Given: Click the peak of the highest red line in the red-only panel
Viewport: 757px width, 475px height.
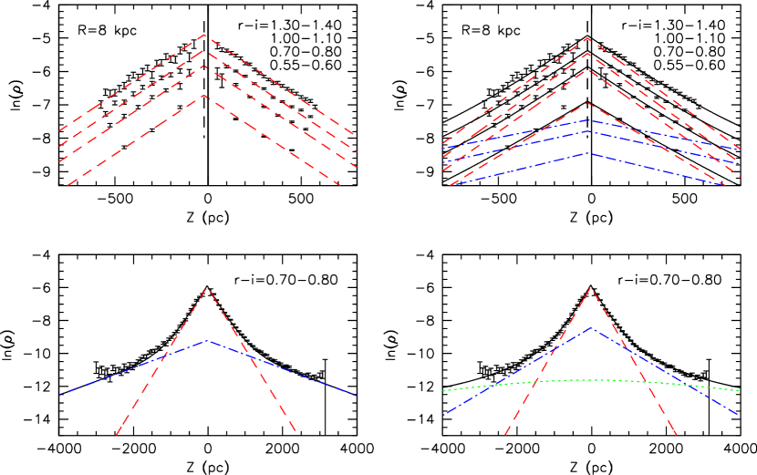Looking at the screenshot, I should pyautogui.click(x=204, y=35).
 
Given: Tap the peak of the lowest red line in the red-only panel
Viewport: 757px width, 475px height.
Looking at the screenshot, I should pyautogui.click(x=204, y=96).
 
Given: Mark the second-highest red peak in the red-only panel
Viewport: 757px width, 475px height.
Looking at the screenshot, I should pyautogui.click(x=204, y=50).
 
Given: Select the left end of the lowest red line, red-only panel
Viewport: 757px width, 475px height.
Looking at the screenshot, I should pyautogui.click(x=67, y=185).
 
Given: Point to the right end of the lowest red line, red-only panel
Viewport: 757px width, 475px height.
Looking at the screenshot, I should pyautogui.click(x=342, y=185).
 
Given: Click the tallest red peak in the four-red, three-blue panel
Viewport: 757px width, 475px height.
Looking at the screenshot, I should pyautogui.click(x=588, y=38).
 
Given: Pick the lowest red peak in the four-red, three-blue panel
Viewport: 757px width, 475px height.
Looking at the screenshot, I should pyautogui.click(x=588, y=103).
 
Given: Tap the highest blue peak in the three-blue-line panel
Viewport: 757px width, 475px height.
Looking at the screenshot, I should pyautogui.click(x=588, y=119).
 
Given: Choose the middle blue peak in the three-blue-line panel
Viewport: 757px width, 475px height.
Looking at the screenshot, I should pyautogui.click(x=588, y=131).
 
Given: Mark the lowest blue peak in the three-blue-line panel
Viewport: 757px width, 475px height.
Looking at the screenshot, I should pyautogui.click(x=588, y=153).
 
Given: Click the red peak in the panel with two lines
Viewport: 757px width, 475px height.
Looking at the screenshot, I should pyautogui.click(x=207, y=289).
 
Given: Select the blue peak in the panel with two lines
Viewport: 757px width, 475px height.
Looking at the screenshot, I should pyautogui.click(x=207, y=341).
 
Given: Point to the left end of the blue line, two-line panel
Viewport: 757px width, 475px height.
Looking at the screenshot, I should pyautogui.click(x=59, y=395).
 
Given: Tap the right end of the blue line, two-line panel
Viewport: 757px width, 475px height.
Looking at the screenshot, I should pyautogui.click(x=356, y=395).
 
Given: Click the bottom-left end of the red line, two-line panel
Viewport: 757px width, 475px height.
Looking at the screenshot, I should pyautogui.click(x=117, y=435).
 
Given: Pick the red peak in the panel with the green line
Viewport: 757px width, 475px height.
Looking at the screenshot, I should pyautogui.click(x=591, y=288).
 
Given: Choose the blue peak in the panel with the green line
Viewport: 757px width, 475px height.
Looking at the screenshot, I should pyautogui.click(x=591, y=327).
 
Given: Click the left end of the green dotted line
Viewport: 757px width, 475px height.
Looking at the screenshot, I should pyautogui.click(x=443, y=391).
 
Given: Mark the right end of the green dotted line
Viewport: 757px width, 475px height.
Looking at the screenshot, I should pyautogui.click(x=739, y=391).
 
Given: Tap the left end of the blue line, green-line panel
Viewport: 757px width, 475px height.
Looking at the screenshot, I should pyautogui.click(x=443, y=415).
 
